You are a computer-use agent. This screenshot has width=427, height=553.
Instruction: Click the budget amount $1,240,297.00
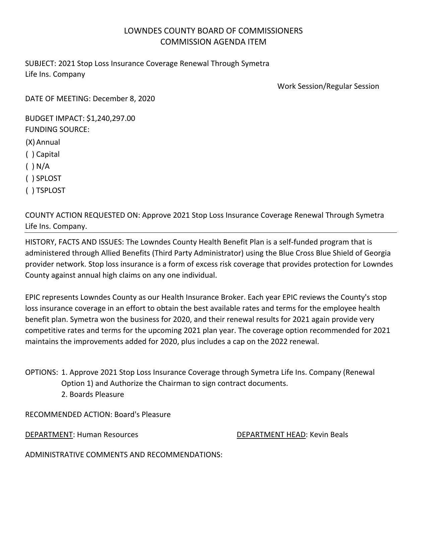click(x=111, y=119)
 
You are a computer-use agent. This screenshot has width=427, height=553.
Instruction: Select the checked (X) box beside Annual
click(x=30, y=142)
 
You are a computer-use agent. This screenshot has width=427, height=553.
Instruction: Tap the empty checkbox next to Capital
click(x=30, y=154)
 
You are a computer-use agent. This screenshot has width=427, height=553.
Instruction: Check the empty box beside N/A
click(x=30, y=166)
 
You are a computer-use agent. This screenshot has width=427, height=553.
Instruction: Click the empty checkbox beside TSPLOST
click(x=30, y=191)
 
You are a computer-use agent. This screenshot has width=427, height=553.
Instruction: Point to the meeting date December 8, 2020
click(x=124, y=99)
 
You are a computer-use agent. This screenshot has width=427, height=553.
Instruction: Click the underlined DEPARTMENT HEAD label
click(x=271, y=435)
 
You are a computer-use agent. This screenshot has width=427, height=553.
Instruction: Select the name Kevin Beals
click(x=329, y=435)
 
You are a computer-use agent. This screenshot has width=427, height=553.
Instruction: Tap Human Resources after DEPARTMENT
click(x=108, y=435)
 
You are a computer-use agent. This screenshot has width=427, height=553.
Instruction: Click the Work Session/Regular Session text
click(x=328, y=86)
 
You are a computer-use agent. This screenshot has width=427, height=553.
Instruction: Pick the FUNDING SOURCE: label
click(x=57, y=130)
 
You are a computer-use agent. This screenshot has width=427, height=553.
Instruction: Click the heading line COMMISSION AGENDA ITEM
click(x=213, y=42)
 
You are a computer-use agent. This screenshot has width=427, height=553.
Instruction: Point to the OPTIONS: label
click(x=42, y=372)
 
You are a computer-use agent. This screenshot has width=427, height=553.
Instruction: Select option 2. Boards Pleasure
click(x=93, y=395)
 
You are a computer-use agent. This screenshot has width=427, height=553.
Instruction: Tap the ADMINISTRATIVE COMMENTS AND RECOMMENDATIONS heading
click(x=124, y=455)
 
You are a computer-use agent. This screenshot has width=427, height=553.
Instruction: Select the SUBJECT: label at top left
click(x=41, y=64)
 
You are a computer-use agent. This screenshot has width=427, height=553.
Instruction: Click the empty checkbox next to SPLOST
click(x=30, y=179)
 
